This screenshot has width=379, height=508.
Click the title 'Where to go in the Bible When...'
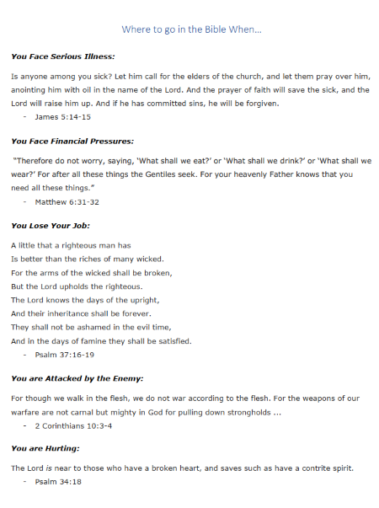pyautogui.click(x=192, y=29)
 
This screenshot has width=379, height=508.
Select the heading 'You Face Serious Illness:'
pyautogui.click(x=62, y=56)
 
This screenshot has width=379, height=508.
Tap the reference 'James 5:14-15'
pyautogui.click(x=63, y=116)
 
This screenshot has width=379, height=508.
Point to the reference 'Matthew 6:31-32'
pyautogui.click(x=67, y=201)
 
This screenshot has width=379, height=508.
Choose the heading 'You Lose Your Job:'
pyautogui.click(x=51, y=226)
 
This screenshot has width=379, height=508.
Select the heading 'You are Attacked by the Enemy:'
pyautogui.click(x=77, y=379)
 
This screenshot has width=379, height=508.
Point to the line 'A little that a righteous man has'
pyautogui.click(x=71, y=245)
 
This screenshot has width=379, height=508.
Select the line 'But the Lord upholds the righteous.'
pyautogui.click(x=77, y=286)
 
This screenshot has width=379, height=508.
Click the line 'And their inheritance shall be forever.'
pyautogui.click(x=81, y=313)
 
